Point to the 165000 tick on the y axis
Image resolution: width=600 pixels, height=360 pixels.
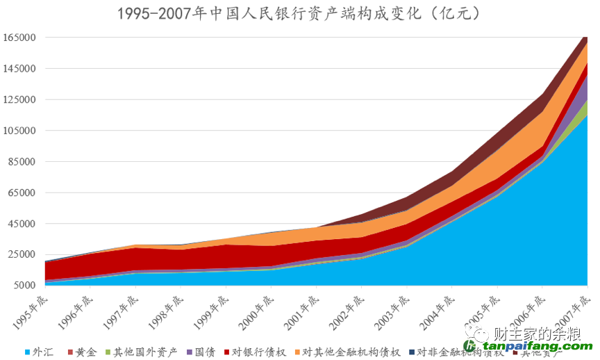(x=19, y=38)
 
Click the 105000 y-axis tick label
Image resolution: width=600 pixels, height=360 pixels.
(x=19, y=131)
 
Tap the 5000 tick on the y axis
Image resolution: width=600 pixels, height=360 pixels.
(x=24, y=286)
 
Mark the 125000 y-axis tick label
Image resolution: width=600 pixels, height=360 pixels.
(x=19, y=99)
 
